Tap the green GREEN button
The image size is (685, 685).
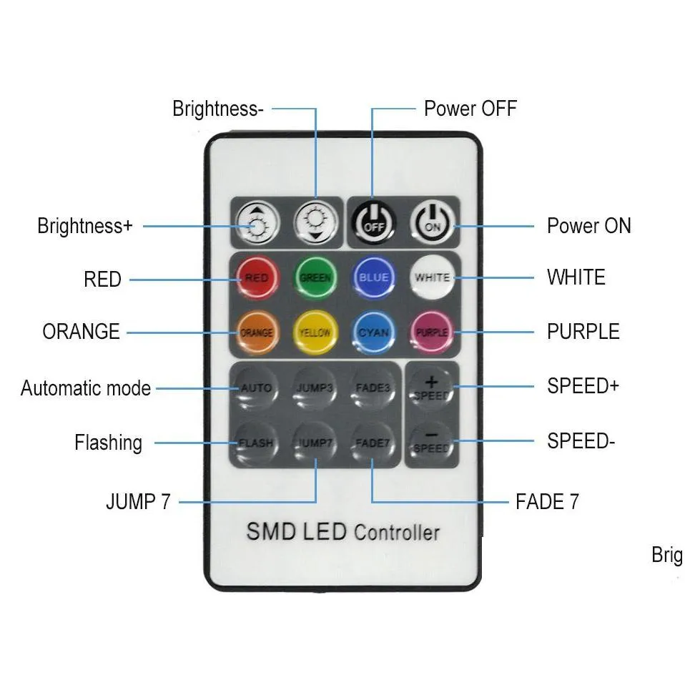[x=315, y=277]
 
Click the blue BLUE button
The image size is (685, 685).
[x=373, y=277]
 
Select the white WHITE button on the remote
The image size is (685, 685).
[x=432, y=277]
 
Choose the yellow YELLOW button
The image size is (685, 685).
[x=315, y=332]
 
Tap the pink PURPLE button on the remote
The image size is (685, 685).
[x=432, y=332]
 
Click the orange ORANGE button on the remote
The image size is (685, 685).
[x=256, y=332]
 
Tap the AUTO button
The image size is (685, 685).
[x=256, y=388]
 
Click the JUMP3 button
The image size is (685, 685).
[x=315, y=388]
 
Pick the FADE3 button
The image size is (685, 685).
[x=373, y=388]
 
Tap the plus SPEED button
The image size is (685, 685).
[x=431, y=388]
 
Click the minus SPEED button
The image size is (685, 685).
[x=431, y=443]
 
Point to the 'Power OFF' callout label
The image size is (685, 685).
[x=470, y=109]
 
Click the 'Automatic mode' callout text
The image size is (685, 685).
[x=86, y=388]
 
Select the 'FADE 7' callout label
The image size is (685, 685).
[x=547, y=501]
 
